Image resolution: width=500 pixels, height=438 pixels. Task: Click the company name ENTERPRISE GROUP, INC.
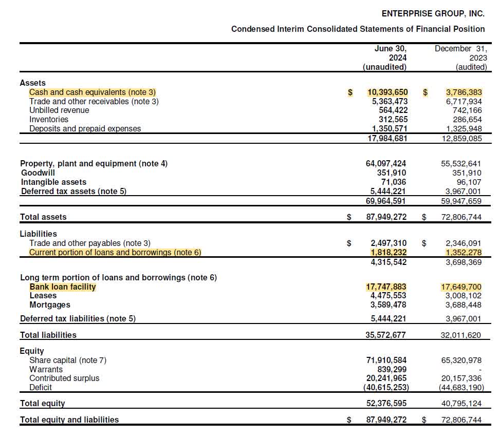[433, 13]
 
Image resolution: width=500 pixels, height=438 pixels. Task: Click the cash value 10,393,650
[387, 92]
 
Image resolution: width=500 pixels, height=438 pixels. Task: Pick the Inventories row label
[49, 120]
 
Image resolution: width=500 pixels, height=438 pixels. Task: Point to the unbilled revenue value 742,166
[465, 110]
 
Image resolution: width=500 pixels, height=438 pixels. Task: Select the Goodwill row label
[38, 173]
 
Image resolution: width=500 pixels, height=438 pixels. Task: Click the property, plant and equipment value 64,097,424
[386, 164]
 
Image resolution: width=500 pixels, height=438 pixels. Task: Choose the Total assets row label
[43, 217]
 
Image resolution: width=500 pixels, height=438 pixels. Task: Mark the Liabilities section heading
[39, 234]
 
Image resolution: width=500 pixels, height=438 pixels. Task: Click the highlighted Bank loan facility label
[63, 287]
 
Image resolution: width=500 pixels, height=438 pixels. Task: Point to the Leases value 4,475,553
[388, 296]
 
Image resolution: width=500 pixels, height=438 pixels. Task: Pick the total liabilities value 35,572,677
[386, 335]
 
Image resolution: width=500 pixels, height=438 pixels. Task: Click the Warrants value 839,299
[393, 369]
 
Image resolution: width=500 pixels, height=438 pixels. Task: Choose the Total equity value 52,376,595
[386, 404]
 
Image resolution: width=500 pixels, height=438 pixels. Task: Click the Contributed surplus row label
[64, 378]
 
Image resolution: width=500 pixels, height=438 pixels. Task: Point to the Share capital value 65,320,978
[461, 360]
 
